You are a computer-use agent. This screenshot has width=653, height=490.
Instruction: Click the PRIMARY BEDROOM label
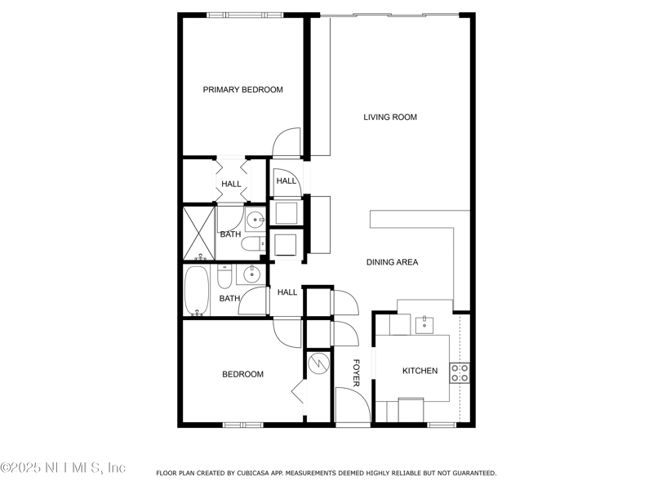point(242,90)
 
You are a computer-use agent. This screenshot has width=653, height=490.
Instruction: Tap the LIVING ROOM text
point(390,118)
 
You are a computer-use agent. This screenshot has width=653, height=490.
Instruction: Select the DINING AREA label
point(392,262)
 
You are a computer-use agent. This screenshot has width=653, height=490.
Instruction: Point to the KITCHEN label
point(420,371)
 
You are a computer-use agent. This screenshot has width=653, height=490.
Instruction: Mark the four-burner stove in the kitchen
point(460,373)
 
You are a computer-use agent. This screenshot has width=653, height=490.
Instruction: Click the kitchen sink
point(424,325)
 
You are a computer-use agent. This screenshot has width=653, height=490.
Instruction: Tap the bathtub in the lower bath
point(197,291)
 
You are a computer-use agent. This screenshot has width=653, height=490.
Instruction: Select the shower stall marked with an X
point(198,232)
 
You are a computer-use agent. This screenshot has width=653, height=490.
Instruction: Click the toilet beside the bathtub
point(226,278)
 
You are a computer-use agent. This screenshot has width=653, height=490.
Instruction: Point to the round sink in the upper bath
point(255,219)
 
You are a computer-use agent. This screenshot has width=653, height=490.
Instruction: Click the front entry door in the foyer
point(352,406)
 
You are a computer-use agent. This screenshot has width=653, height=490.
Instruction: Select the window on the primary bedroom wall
point(245,15)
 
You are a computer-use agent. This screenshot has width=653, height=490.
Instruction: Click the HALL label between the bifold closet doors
point(231,184)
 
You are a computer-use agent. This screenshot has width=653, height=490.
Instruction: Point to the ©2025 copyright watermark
point(63,468)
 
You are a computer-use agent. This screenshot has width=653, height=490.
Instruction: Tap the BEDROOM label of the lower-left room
point(242,374)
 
